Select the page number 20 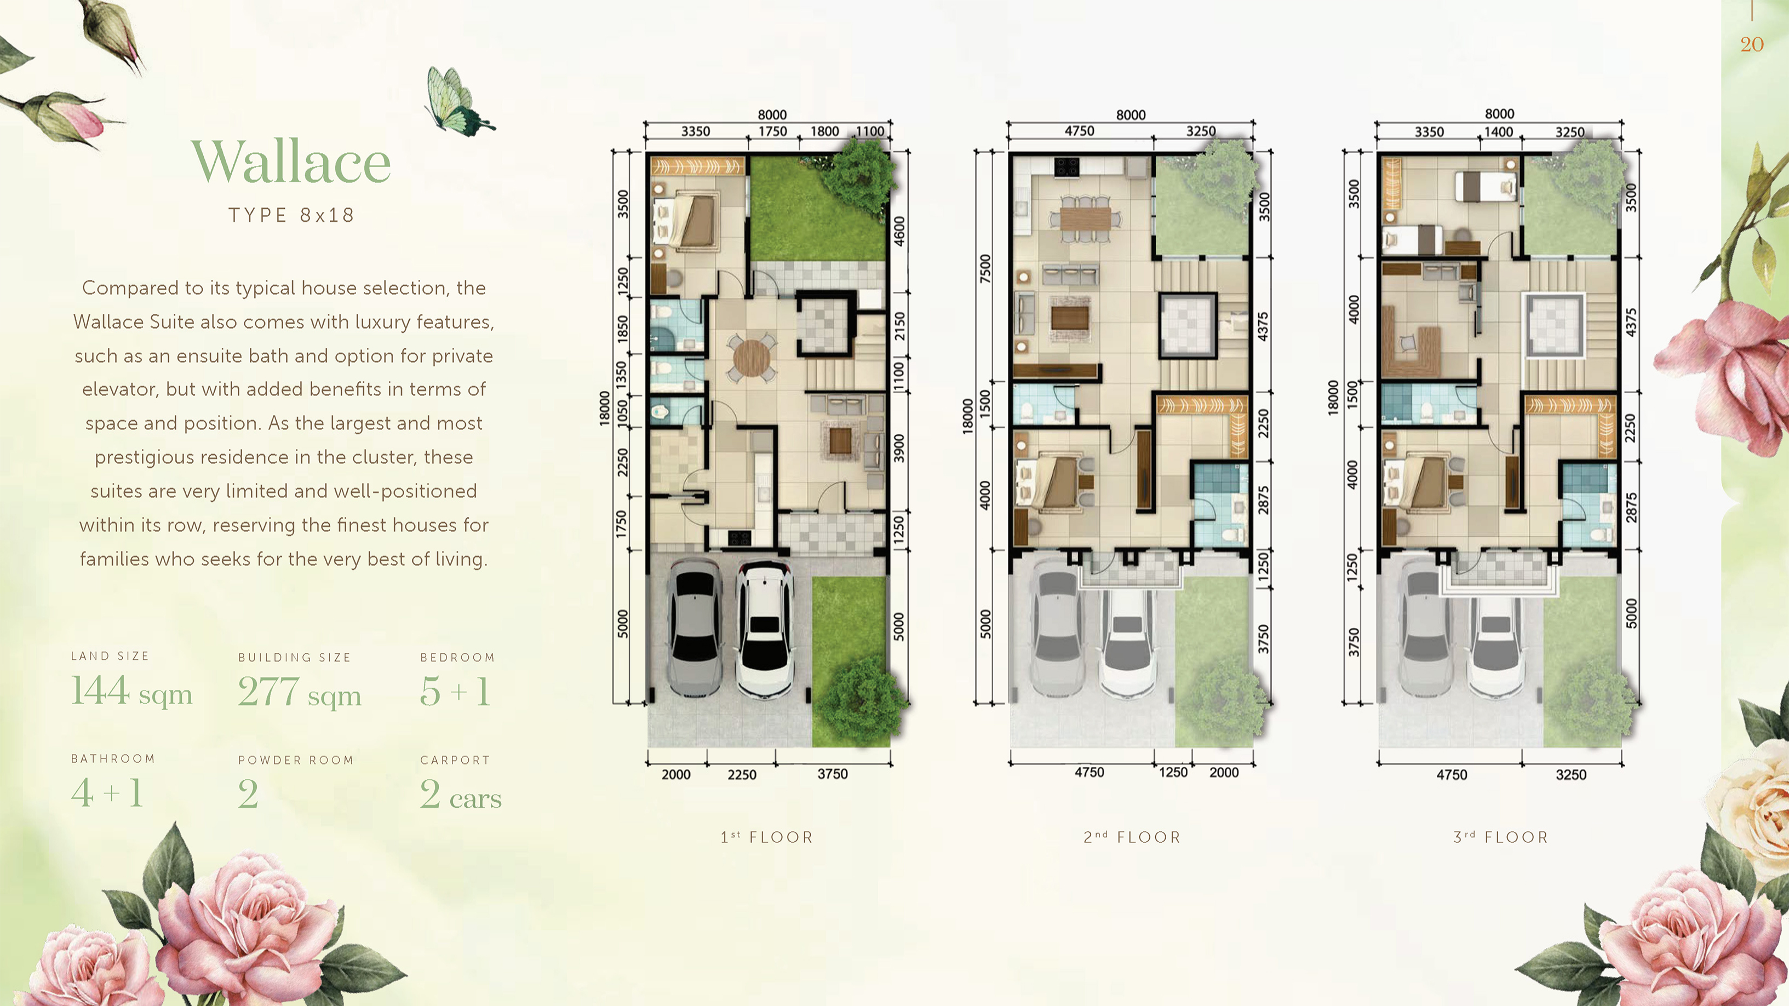(1752, 44)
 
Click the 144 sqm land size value (131, 692)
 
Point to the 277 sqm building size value (299, 692)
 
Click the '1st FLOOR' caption (767, 837)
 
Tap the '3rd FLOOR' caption (1501, 837)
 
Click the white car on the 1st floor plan (764, 628)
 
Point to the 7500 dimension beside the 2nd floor (985, 269)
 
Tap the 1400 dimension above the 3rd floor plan (1499, 132)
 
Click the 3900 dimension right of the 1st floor (899, 449)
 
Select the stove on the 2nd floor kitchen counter (1066, 166)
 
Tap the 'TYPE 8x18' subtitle (291, 215)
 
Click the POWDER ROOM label (296, 760)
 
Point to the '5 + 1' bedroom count (456, 692)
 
